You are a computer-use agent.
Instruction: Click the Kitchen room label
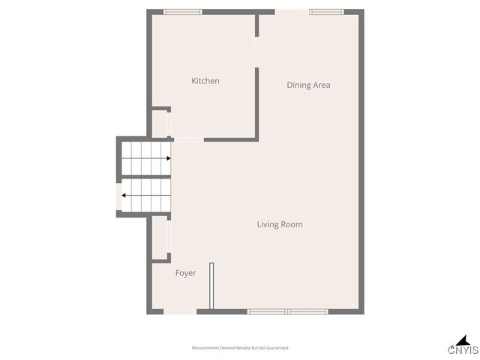tap(205, 81)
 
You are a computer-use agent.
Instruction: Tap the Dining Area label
tap(308, 85)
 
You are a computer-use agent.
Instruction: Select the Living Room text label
tap(280, 224)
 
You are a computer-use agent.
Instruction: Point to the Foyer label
tap(185, 273)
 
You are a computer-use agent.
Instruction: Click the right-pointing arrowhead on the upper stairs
tap(169, 158)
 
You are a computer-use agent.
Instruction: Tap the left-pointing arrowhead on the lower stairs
tap(124, 196)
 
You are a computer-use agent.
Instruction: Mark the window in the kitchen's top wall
tap(183, 11)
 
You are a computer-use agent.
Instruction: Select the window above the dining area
tap(326, 11)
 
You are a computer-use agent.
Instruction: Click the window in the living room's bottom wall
tap(288, 311)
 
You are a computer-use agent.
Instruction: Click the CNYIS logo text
tap(463, 350)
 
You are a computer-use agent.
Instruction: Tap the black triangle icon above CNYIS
tap(463, 339)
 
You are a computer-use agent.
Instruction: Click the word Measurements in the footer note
tap(206, 348)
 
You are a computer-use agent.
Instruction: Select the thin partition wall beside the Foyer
tap(212, 284)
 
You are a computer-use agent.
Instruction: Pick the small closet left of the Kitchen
tap(160, 124)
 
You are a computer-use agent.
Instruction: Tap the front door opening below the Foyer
tap(180, 311)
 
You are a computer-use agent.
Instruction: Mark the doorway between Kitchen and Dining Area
tap(257, 52)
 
